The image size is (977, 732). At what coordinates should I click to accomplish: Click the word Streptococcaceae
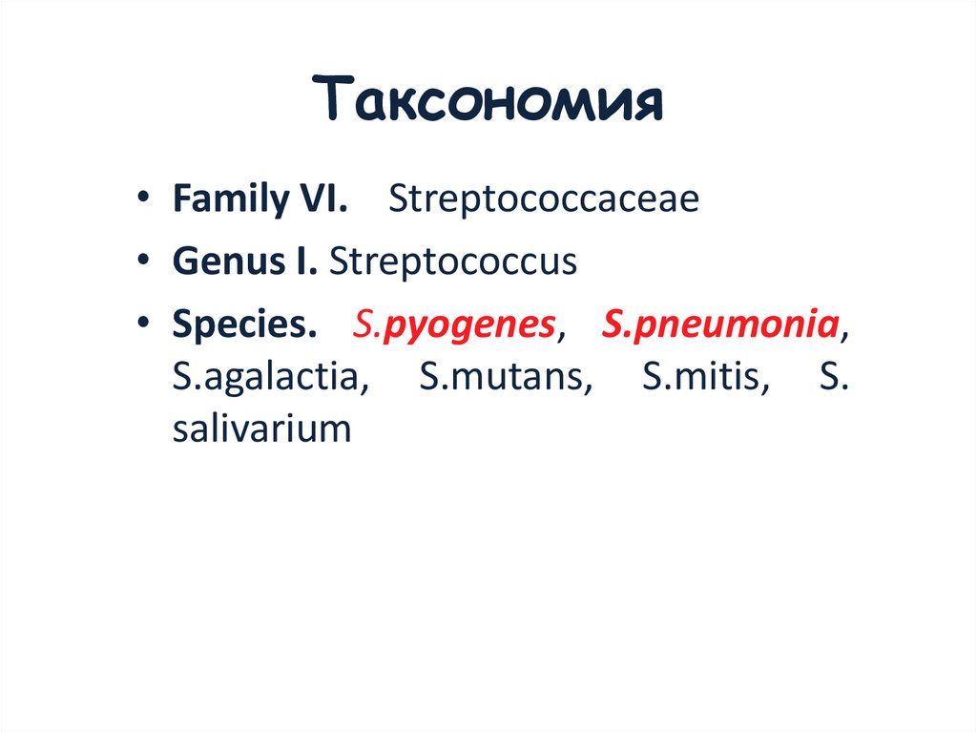coord(543,199)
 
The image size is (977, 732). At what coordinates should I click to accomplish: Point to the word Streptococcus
coord(453,261)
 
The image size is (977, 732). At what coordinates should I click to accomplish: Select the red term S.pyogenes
coord(453,325)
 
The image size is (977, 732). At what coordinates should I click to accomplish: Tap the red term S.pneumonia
coord(721,325)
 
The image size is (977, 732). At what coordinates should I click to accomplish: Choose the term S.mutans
coord(505,377)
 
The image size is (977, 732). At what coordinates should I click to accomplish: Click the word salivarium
coord(262,429)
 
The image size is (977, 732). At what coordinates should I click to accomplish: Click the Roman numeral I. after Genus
coord(307,261)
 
